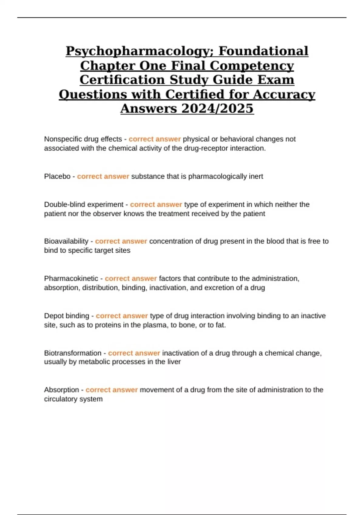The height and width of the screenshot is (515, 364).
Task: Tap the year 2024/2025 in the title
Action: tap(217, 108)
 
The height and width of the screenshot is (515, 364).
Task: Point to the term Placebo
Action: tap(57, 176)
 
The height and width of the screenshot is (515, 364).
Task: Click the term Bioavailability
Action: tap(66, 241)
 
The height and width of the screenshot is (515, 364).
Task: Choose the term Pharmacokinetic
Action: tap(71, 278)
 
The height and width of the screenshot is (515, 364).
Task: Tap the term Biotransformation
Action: tap(73, 353)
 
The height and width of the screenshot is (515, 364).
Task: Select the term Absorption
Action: tap(61, 390)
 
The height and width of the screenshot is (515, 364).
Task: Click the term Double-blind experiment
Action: tap(84, 204)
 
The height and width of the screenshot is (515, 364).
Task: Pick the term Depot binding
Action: tap(66, 316)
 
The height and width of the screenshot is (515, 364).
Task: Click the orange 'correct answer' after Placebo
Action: tap(103, 176)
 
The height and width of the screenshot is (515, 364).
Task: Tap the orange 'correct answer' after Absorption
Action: tap(112, 390)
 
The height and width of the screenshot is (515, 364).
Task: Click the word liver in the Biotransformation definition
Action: tap(174, 362)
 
